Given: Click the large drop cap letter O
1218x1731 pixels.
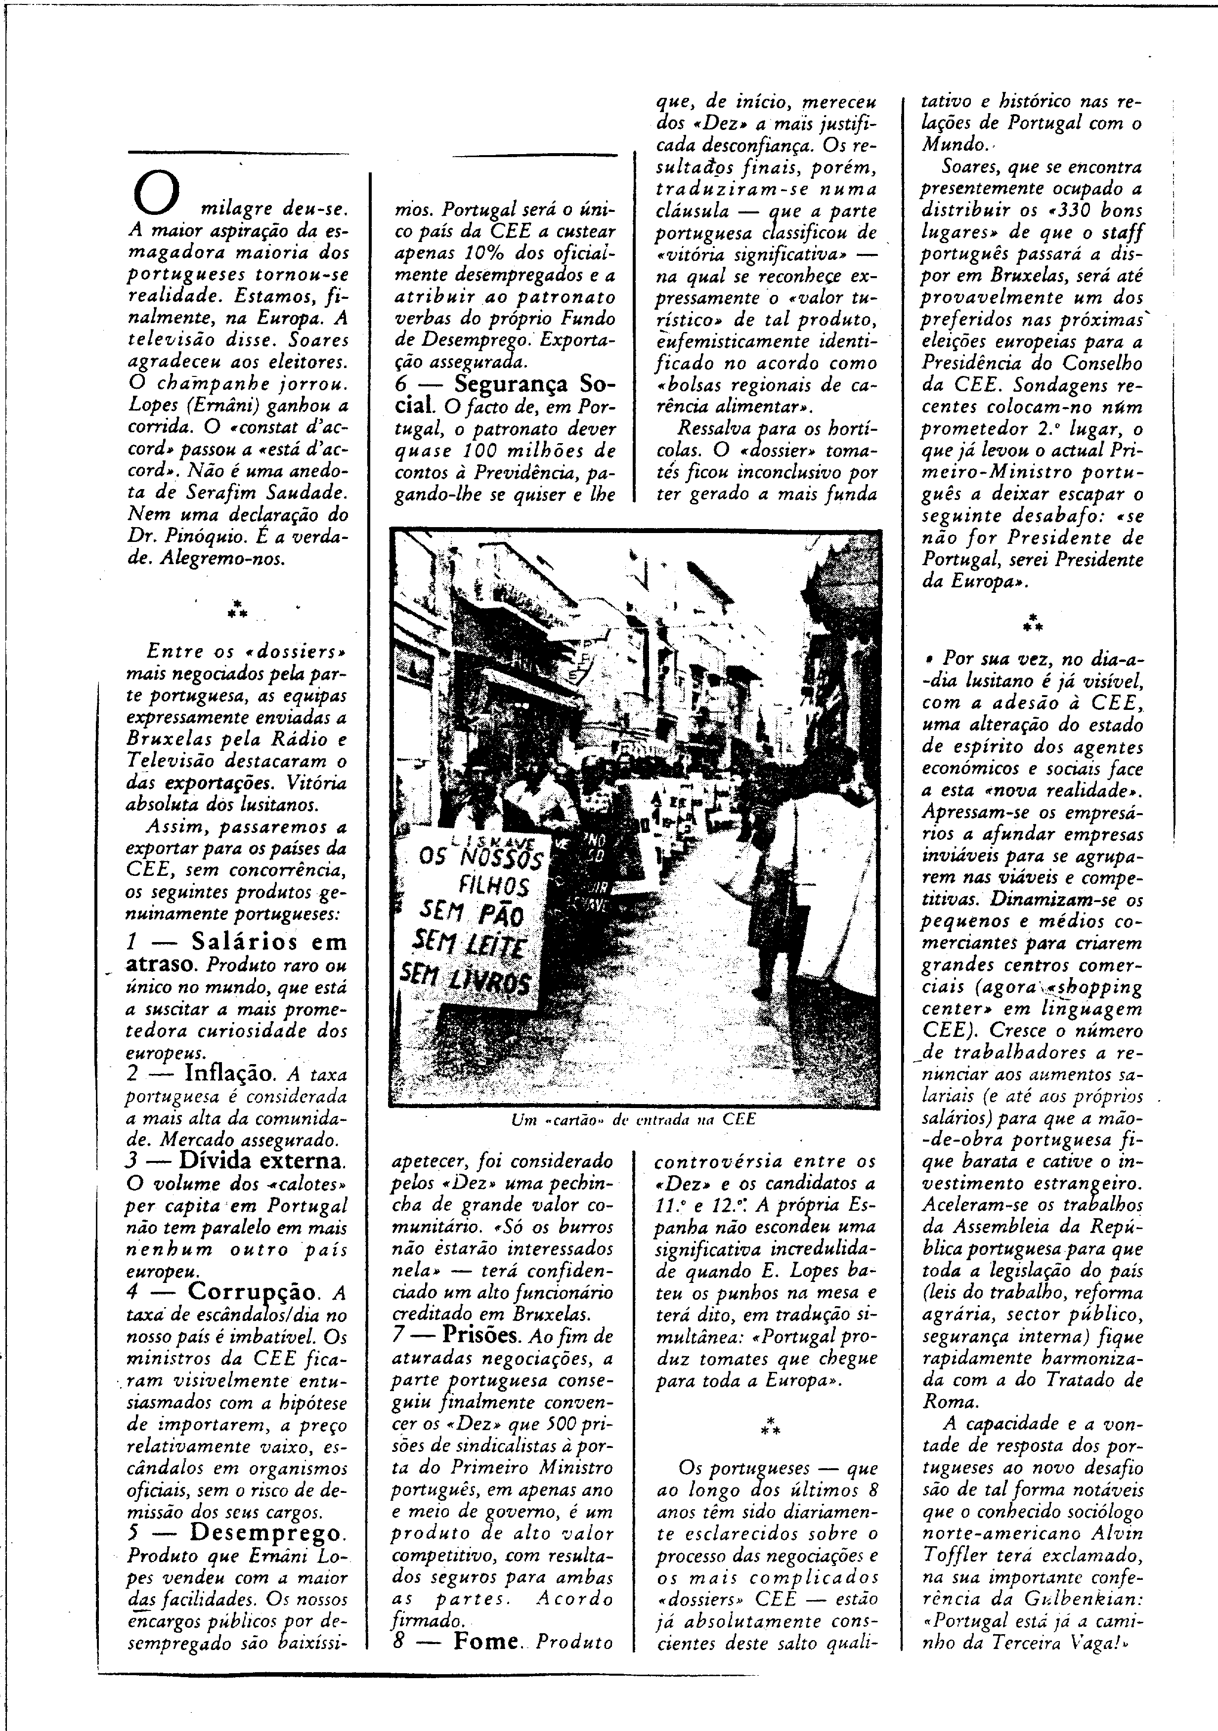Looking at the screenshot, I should pos(156,193).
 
